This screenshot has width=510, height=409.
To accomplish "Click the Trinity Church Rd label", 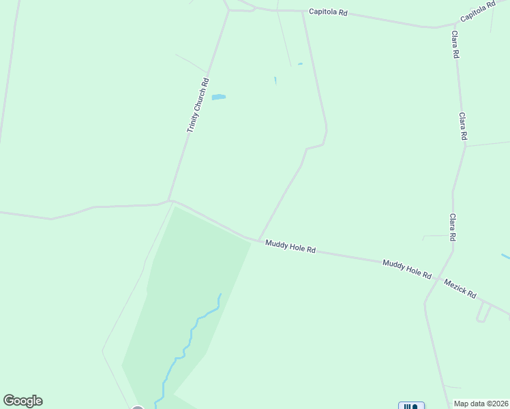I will click(197, 105).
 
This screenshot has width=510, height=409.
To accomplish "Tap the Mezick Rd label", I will click(460, 288).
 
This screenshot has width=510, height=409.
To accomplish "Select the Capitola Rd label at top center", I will click(328, 12).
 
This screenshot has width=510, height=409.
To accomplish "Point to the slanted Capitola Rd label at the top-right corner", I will click(477, 12).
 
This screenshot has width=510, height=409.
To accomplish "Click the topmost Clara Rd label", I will click(455, 44).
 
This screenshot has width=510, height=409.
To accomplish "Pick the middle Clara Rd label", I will click(462, 127).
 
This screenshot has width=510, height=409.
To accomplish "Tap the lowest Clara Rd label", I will click(452, 227).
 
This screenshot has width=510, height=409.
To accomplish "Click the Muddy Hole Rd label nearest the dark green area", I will click(290, 245).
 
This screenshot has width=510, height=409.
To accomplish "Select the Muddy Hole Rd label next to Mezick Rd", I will click(407, 269).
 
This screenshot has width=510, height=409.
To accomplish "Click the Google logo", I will click(22, 401).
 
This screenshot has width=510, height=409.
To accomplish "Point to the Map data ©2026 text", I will click(481, 404).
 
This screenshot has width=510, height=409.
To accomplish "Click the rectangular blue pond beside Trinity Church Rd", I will click(218, 97).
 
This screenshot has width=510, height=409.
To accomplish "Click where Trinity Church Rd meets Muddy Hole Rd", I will click(170, 200).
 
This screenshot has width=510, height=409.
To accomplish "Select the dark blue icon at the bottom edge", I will click(410, 406).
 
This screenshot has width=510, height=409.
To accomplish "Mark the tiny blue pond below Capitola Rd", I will click(300, 64).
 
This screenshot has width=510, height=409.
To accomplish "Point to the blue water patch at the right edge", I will click(505, 256).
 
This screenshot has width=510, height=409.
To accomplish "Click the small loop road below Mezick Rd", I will click(483, 313).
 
